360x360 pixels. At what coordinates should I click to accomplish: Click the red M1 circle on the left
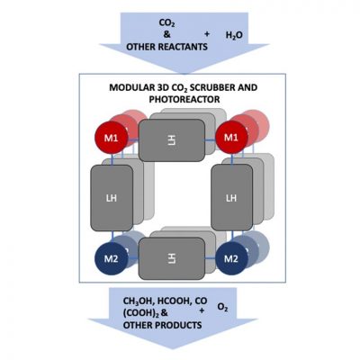[x=112, y=138]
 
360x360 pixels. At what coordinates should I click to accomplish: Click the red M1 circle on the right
[x=231, y=138]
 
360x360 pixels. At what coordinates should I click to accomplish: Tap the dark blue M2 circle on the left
[x=112, y=258]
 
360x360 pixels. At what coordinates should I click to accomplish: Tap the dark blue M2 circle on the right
[x=231, y=258]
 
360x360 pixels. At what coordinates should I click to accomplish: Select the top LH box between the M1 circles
[x=172, y=140]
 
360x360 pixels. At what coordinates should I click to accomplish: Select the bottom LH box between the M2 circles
[x=172, y=258]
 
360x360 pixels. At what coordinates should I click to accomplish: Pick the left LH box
[x=112, y=198]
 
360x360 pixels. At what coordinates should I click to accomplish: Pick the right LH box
[x=231, y=198]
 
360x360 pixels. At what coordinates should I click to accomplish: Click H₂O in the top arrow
[x=234, y=36]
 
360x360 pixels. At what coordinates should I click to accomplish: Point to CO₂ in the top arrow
[x=166, y=23]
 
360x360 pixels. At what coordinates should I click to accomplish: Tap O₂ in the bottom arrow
[x=222, y=308]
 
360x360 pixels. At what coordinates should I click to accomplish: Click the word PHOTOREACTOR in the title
[x=184, y=99]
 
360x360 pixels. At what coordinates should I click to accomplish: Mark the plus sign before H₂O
[x=207, y=34]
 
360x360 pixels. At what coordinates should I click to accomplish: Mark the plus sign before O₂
[x=202, y=310]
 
